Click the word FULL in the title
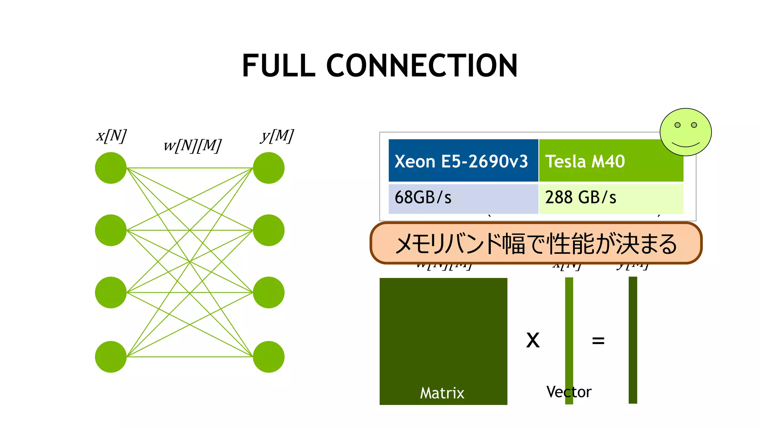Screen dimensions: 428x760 point(279,66)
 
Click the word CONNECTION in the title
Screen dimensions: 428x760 point(422,66)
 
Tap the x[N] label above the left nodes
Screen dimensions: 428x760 point(111,136)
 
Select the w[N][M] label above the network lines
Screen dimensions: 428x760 point(192,145)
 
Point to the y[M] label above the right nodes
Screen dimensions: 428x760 point(277,136)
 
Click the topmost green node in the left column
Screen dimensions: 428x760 point(111,168)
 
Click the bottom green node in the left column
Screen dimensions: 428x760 point(111,357)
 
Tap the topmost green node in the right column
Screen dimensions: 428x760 point(269,168)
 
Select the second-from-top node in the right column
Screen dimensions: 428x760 point(269,230)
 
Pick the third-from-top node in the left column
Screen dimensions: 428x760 point(111,292)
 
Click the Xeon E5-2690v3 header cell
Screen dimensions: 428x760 point(463,161)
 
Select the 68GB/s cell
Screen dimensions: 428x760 point(463,198)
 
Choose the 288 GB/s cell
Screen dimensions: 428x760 point(610,198)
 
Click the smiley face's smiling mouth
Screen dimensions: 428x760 point(686,145)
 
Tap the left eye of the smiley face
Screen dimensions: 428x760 point(677,125)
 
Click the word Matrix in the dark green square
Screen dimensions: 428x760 point(442,393)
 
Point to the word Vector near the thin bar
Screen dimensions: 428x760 point(569,392)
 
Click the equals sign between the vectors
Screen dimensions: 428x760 point(598,340)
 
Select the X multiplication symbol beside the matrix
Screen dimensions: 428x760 point(533,340)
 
